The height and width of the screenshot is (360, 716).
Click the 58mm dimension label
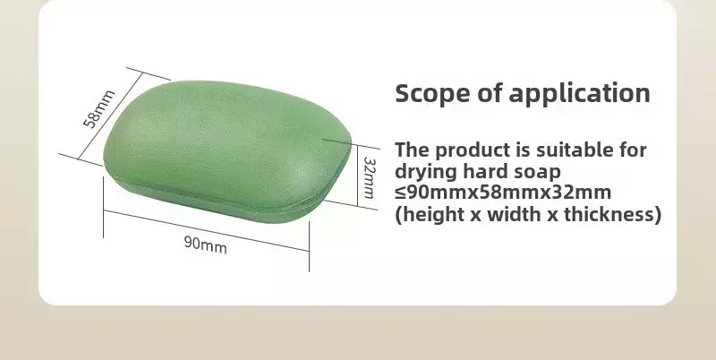(x=99, y=108)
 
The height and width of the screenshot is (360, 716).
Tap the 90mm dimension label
(x=206, y=244)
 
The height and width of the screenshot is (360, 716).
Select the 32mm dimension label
(x=369, y=177)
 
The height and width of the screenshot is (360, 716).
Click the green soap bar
(x=227, y=151)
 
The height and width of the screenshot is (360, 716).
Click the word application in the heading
(x=579, y=93)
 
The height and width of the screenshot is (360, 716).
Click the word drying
(x=426, y=172)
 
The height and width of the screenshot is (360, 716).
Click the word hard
(x=485, y=171)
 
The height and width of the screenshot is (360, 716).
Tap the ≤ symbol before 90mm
(x=400, y=193)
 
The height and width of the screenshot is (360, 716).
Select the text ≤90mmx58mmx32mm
(x=503, y=193)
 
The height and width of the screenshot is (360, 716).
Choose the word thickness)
(x=612, y=214)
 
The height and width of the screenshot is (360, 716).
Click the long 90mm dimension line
(x=206, y=231)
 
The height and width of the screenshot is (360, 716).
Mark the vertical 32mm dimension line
(x=357, y=175)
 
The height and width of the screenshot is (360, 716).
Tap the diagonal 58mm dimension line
(x=110, y=116)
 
